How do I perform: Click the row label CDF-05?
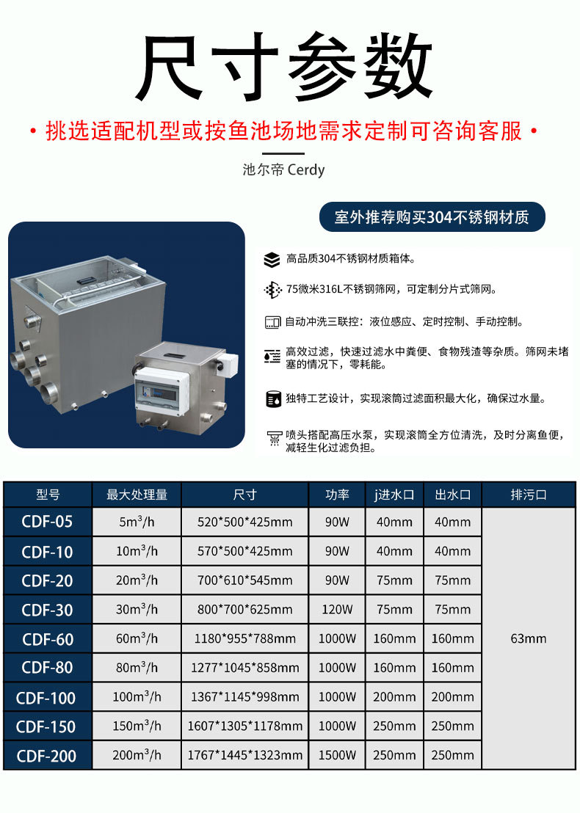pos(48,522)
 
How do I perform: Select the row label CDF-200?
pos(48,756)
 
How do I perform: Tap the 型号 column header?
pos(48,495)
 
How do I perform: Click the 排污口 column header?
pos(529,495)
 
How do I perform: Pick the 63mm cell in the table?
pos(529,638)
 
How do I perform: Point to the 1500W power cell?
pos(337,755)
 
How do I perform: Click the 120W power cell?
pos(337,609)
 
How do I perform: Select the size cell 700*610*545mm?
pos(244,580)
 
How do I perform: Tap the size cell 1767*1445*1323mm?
pos(244,755)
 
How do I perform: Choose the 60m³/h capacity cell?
pos(137,638)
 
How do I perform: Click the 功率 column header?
pos(337,495)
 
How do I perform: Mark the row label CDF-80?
pos(48,668)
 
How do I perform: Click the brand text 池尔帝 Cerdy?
pos(283,169)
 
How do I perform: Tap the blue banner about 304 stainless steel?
pos(432,217)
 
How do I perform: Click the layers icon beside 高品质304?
pos(272,259)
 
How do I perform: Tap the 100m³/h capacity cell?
pos(137,697)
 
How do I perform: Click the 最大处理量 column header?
pos(137,495)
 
